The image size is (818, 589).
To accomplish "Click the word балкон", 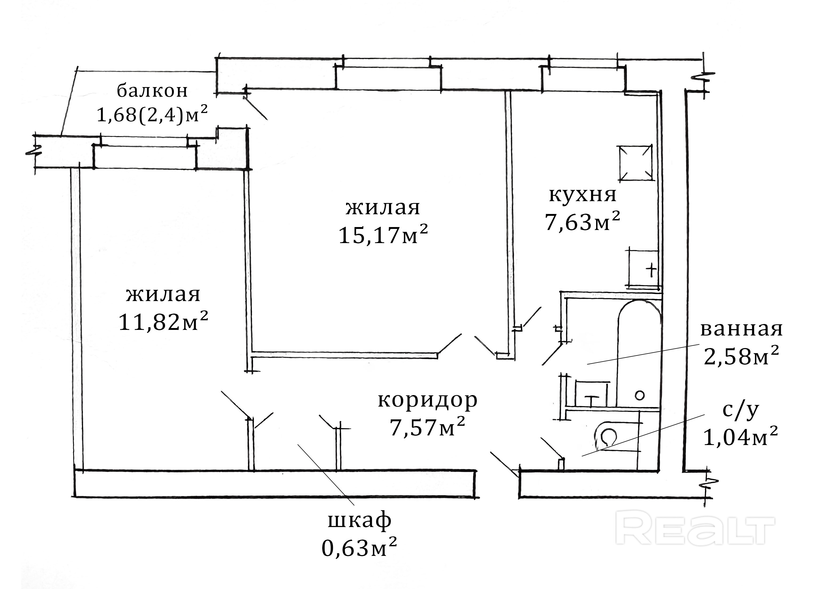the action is click(x=152, y=91).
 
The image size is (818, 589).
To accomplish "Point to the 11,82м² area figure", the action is click(x=163, y=322).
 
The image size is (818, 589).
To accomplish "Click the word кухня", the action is click(x=583, y=195).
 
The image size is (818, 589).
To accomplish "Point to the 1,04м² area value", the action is click(x=741, y=438).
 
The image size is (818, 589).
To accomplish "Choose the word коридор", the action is click(x=427, y=400).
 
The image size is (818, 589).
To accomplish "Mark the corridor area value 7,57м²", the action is click(x=427, y=428).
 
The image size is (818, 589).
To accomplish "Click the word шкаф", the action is click(x=360, y=521).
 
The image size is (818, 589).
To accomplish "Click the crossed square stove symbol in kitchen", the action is click(x=635, y=163).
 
